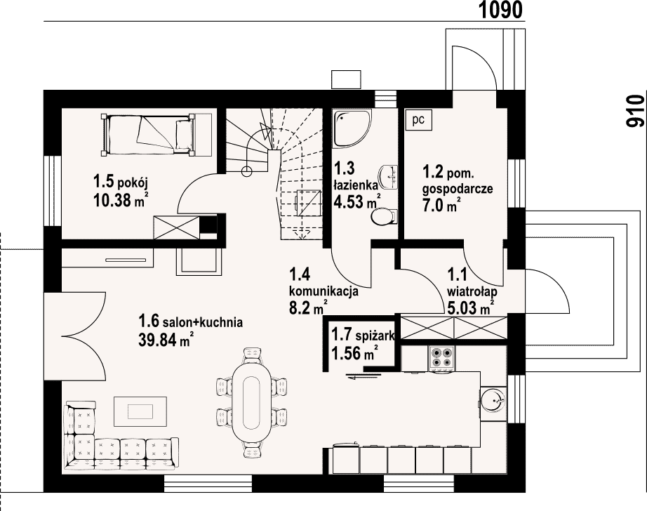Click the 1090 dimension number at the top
tap(501, 10)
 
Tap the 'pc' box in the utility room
tap(418, 120)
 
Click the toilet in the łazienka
tap(384, 216)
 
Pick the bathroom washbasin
tap(389, 177)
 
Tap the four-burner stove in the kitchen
tap(442, 357)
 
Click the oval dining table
tap(252, 404)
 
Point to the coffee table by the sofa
tap(140, 411)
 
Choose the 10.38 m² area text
tap(121, 200)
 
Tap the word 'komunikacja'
tap(323, 291)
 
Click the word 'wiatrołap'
tap(472, 291)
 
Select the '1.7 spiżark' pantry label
tap(363, 335)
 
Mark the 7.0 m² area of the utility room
tap(441, 205)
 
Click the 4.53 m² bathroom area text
tap(357, 202)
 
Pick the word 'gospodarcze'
tap(458, 189)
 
